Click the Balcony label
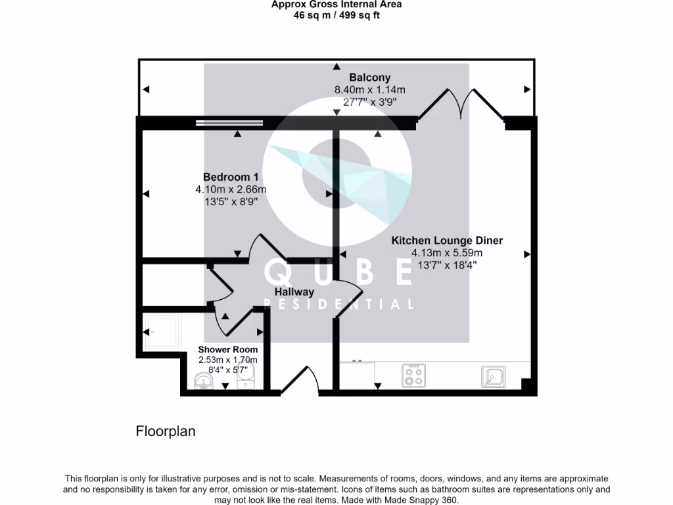pos(369,78)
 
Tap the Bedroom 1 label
pos(231,177)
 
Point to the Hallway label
pos(294,291)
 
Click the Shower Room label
pos(228,349)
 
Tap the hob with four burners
pos(413,375)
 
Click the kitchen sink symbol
pos(492,376)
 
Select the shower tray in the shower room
pos(161,332)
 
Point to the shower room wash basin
pos(202,380)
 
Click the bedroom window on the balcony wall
pos(229,122)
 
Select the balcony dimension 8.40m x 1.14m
pos(369,90)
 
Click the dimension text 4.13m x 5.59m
pos(447,253)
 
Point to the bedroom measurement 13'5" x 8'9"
pos(231,202)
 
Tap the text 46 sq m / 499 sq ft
pos(336,15)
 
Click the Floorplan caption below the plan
pos(166,431)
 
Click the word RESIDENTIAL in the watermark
pos(338,304)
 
